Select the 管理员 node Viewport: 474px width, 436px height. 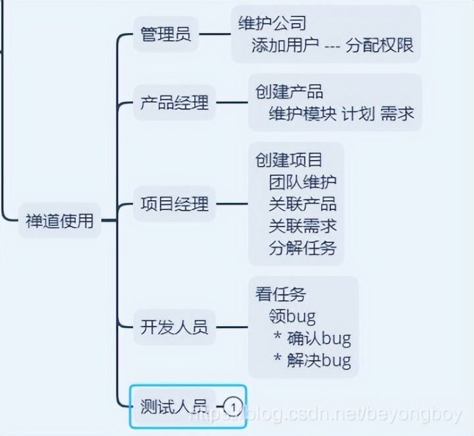pyautogui.click(x=166, y=34)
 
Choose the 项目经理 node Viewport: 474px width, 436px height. pyautogui.click(x=174, y=204)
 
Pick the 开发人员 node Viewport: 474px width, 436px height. pyautogui.click(x=174, y=327)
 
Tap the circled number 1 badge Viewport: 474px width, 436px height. pyautogui.click(x=233, y=406)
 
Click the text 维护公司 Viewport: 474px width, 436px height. pyautogui.click(x=273, y=24)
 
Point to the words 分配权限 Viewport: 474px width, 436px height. pyautogui.click(x=379, y=45)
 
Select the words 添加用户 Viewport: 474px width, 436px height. pyautogui.click(x=285, y=45)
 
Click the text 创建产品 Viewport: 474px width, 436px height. pyautogui.click(x=290, y=92)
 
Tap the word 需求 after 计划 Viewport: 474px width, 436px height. pyautogui.click(x=398, y=113)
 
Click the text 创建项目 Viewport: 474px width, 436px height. pyautogui.click(x=290, y=160)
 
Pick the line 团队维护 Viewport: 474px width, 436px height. pyautogui.click(x=303, y=182)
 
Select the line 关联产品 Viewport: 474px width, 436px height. pyautogui.click(x=303, y=204)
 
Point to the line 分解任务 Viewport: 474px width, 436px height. pyautogui.click(x=303, y=248)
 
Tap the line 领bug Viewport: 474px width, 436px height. pyautogui.click(x=292, y=316)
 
